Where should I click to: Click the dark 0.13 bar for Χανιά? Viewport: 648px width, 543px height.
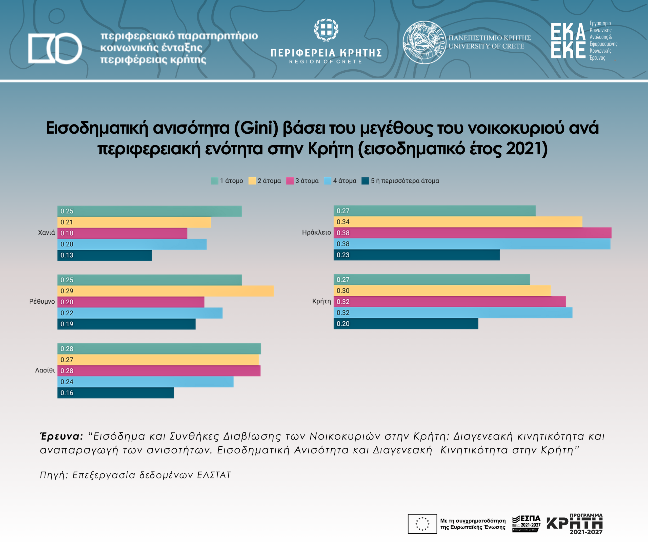(x=105, y=255)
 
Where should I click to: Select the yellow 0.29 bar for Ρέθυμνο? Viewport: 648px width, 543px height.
(x=165, y=291)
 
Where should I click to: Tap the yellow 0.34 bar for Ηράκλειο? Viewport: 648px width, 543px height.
(x=458, y=222)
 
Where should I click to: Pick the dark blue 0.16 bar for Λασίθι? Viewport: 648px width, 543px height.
(x=116, y=393)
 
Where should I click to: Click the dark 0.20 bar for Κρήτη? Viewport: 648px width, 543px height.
(x=406, y=324)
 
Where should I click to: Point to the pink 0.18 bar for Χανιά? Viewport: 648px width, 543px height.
(x=122, y=233)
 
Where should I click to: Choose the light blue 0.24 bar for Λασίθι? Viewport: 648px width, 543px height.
(x=145, y=382)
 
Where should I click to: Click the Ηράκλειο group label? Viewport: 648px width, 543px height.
(x=316, y=233)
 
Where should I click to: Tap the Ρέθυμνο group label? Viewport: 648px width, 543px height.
(x=42, y=301)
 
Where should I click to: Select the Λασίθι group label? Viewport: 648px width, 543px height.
(x=45, y=370)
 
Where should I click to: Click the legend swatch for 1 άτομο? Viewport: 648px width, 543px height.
(x=214, y=181)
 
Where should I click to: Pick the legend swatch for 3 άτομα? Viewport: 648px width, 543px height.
(x=290, y=181)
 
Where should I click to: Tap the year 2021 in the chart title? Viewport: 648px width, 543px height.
(x=523, y=149)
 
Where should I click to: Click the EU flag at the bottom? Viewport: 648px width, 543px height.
(x=422, y=524)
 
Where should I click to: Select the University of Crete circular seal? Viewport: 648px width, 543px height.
(x=424, y=42)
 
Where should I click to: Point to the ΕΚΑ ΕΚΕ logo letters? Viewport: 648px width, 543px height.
(x=568, y=41)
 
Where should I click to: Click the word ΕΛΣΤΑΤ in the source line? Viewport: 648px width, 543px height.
(x=214, y=475)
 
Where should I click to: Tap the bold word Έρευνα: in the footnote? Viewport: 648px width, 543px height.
(x=62, y=436)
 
